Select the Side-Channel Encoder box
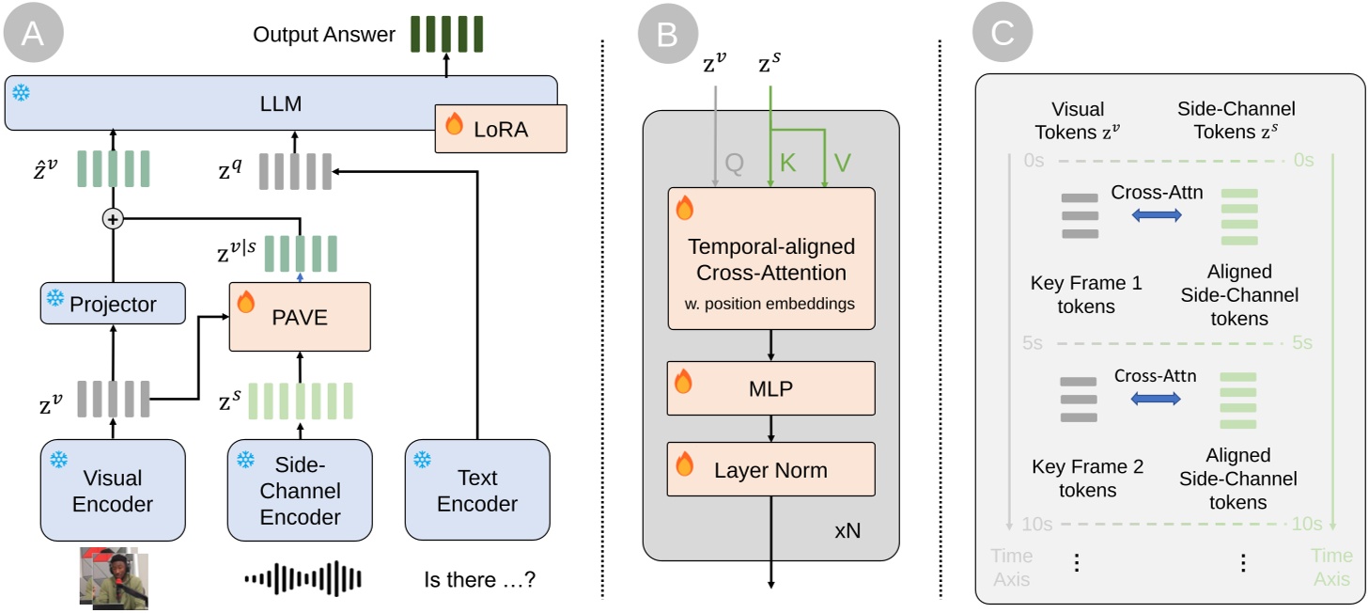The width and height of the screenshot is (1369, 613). (x=300, y=490)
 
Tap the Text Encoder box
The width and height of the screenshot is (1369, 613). (x=477, y=490)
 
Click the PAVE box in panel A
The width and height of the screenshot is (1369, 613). (x=301, y=317)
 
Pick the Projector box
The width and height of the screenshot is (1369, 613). (x=113, y=304)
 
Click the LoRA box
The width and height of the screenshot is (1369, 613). (x=502, y=129)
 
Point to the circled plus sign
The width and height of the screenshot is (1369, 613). (x=113, y=219)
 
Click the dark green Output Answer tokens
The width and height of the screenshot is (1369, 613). (x=445, y=34)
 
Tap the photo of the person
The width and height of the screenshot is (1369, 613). (x=111, y=575)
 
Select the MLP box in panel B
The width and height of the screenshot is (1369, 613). (x=770, y=388)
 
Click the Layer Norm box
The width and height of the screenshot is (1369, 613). (x=770, y=469)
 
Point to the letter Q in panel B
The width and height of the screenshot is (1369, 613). (x=735, y=164)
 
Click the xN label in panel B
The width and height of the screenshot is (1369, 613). (x=848, y=531)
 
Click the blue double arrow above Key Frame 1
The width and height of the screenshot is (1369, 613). (x=1155, y=215)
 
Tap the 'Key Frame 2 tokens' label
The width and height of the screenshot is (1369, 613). (x=1087, y=479)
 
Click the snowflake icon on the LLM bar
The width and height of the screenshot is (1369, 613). (x=21, y=93)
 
